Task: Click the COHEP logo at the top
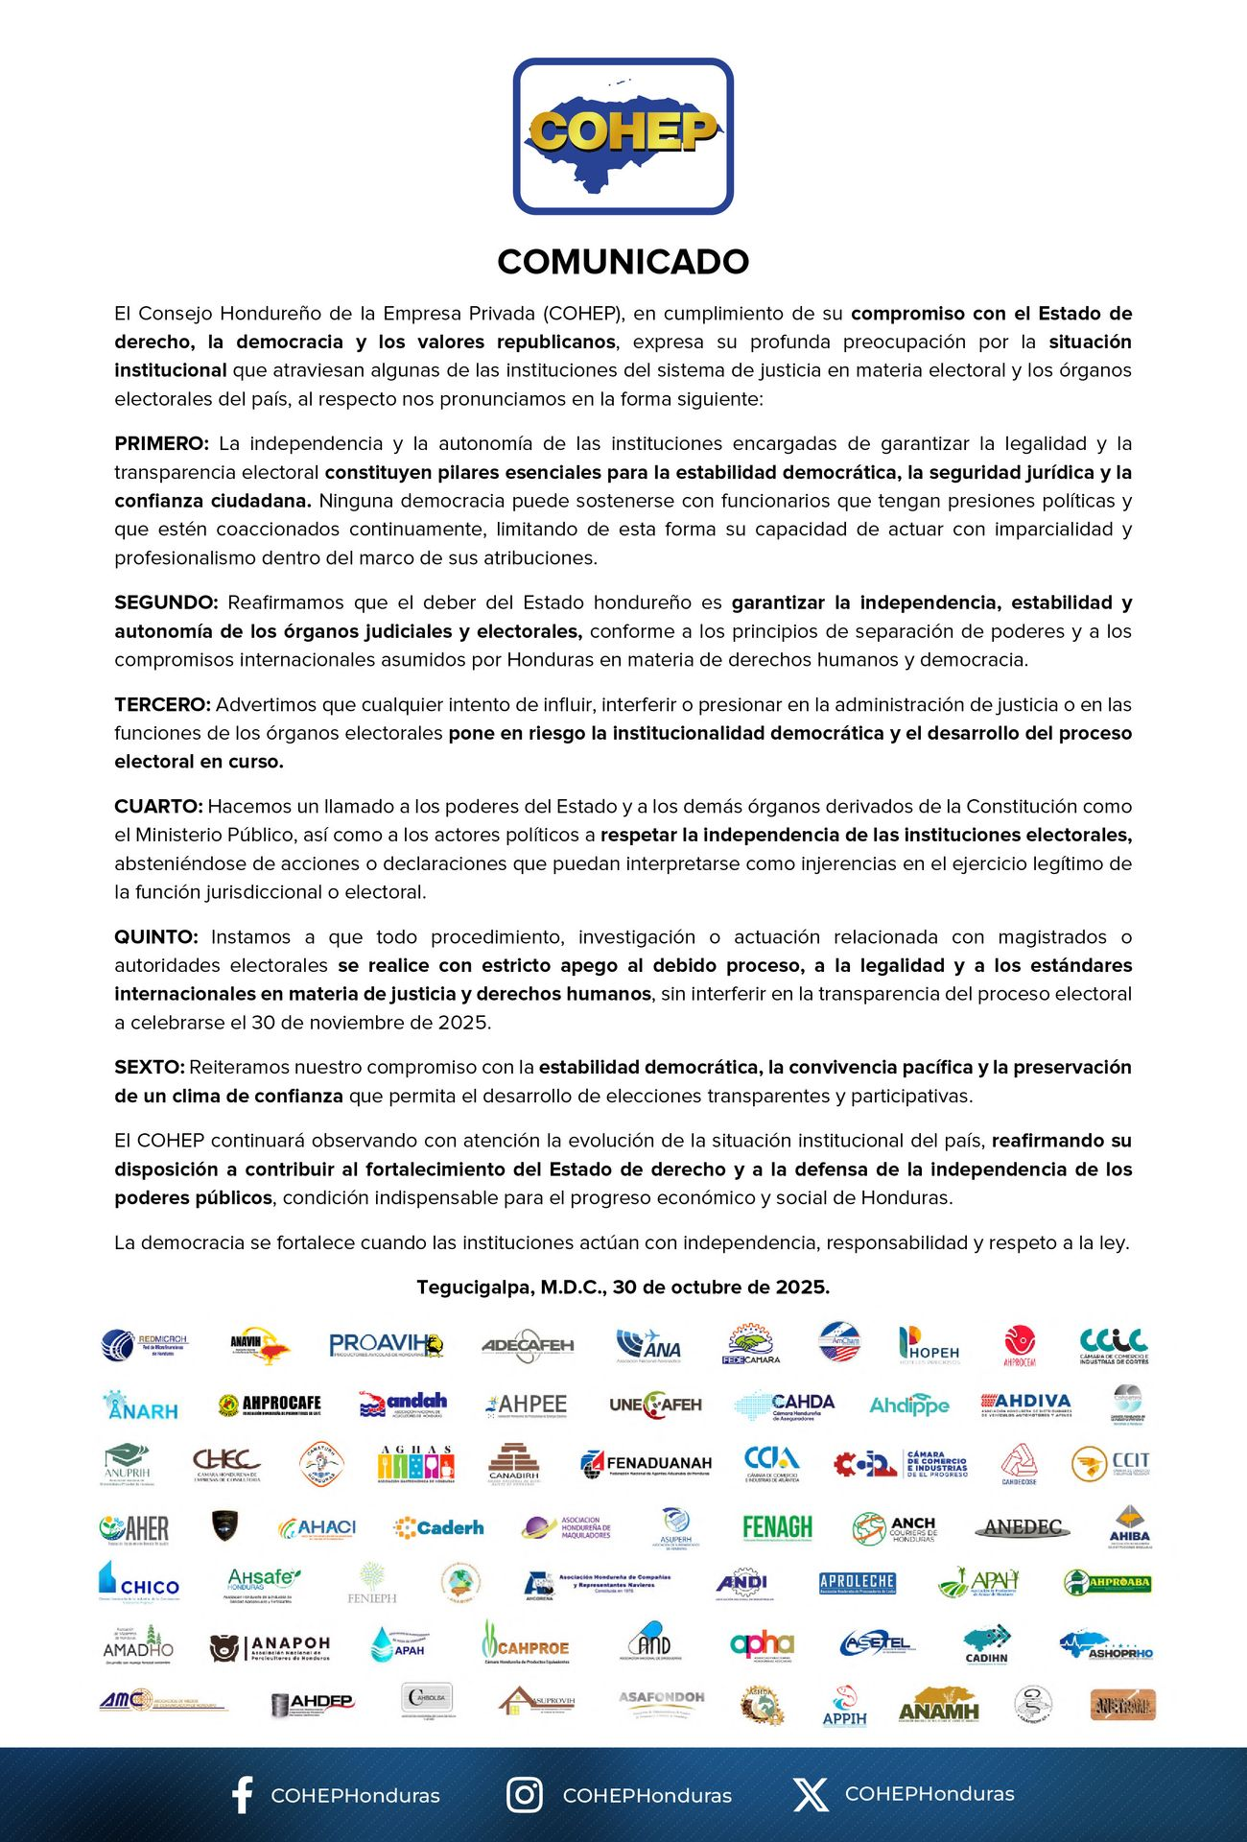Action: (623, 135)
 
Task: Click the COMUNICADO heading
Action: (623, 262)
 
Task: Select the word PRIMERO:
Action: (161, 443)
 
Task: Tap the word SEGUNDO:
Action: (166, 602)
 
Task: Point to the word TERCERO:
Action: (162, 704)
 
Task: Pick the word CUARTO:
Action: (158, 806)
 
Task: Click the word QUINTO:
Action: (156, 936)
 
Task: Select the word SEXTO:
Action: (149, 1067)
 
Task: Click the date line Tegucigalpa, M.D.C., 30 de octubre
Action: (623, 1287)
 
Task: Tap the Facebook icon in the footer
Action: (243, 1795)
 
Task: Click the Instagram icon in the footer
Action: (524, 1795)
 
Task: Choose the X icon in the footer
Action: (811, 1795)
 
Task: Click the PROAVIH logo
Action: (386, 1345)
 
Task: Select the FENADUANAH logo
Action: (647, 1464)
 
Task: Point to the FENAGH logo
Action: (777, 1527)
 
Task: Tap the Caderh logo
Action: (438, 1527)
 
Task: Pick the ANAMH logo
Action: (939, 1706)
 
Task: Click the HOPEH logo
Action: (929, 1345)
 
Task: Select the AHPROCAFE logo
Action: (270, 1405)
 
